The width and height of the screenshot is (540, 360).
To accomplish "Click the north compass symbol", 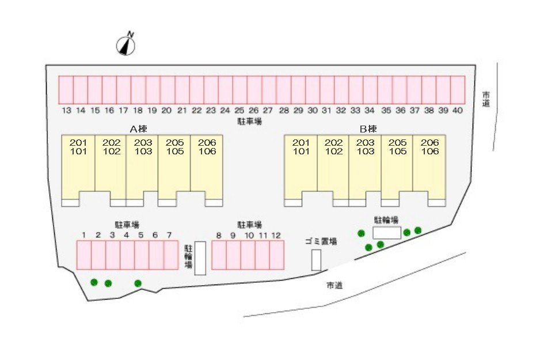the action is (x=126, y=45).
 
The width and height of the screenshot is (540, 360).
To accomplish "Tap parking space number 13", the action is (x=66, y=90).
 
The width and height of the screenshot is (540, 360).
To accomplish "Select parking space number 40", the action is (x=458, y=90).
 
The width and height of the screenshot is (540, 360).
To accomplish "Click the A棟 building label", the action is (x=138, y=129).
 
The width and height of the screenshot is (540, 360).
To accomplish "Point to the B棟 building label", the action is (x=368, y=129).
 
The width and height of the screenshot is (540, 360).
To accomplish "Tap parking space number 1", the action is (x=84, y=255).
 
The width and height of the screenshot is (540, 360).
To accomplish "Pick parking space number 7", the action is (x=171, y=255).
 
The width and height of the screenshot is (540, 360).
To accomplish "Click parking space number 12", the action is (x=277, y=255).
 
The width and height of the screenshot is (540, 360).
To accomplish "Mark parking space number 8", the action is (x=219, y=255).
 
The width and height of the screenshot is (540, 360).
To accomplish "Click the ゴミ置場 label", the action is (x=321, y=241).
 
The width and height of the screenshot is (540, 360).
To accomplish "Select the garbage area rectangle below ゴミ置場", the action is (x=316, y=260).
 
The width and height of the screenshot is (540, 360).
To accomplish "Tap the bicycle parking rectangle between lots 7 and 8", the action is (x=200, y=259).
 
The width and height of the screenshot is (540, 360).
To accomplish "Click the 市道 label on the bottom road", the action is (x=334, y=285).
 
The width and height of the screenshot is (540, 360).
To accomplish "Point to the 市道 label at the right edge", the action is (x=486, y=99).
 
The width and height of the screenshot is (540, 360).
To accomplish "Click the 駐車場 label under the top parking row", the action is (x=250, y=122).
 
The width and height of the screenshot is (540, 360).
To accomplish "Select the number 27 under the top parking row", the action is (x=268, y=110).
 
